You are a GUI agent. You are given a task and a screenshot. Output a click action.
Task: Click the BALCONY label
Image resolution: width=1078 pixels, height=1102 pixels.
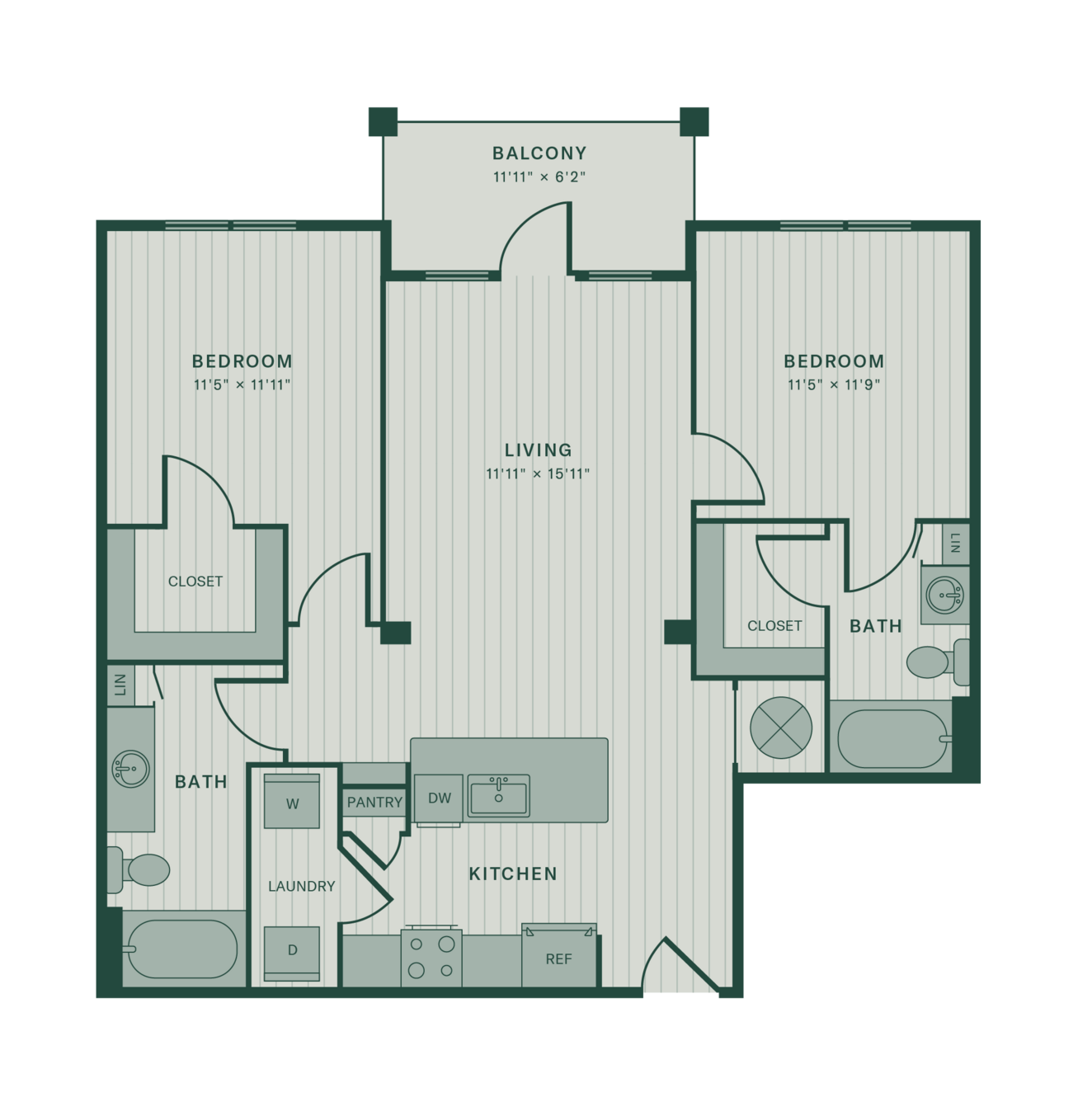tap(539, 153)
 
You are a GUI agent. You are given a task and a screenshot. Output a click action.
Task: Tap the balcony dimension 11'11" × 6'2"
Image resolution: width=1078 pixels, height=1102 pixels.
tap(539, 177)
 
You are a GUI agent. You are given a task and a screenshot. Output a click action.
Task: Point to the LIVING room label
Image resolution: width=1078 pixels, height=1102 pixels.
tap(538, 450)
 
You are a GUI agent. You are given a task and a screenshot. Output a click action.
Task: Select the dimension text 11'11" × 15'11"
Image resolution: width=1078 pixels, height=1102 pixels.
tap(538, 473)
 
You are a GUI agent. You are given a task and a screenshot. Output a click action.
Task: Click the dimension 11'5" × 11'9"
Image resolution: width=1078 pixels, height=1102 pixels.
tap(834, 385)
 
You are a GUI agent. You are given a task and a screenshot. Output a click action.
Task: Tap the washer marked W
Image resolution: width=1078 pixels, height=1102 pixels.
tap(292, 801)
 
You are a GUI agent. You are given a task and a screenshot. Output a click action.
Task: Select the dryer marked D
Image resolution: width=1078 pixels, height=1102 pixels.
tap(292, 954)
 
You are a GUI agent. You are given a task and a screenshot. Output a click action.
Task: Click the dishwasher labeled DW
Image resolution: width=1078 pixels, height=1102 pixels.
tap(439, 798)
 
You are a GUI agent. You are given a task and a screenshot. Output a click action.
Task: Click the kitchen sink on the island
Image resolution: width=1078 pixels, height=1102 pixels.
tap(499, 796)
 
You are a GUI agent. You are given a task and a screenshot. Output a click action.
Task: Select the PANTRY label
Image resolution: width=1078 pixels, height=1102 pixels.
tap(374, 803)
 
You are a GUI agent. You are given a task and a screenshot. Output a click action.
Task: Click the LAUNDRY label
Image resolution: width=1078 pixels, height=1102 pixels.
tap(302, 886)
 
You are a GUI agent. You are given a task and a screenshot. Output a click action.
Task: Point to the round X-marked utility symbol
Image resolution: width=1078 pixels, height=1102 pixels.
tap(781, 728)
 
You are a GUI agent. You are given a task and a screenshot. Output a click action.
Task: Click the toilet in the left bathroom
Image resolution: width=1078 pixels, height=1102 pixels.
tap(138, 869)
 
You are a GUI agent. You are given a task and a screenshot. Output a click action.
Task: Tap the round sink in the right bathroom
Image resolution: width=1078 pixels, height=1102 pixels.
tap(944, 596)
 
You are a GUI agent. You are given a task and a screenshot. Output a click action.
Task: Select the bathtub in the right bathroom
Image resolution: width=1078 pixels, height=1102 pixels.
tap(891, 738)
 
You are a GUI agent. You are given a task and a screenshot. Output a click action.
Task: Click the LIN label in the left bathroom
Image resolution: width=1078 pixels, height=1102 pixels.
tap(120, 685)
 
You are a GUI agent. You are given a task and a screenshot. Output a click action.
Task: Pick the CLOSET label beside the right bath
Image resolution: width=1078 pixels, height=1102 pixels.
tap(774, 626)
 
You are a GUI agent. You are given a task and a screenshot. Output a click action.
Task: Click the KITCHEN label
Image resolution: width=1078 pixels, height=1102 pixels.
tap(514, 874)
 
